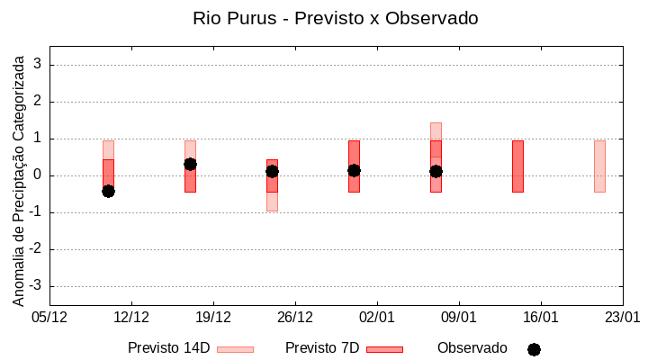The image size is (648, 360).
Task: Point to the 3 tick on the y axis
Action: click(39, 65)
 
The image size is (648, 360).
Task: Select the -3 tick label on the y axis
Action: click(36, 286)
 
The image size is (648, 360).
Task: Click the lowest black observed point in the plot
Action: click(108, 191)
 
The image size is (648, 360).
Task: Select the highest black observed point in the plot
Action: click(190, 164)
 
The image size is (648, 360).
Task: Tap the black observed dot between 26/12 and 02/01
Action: click(354, 170)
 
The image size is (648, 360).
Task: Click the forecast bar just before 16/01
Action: click(517, 166)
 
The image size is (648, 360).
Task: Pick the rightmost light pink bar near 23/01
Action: click(599, 166)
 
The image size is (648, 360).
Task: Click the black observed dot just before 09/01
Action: click(436, 171)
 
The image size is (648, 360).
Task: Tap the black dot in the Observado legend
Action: click(534, 349)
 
